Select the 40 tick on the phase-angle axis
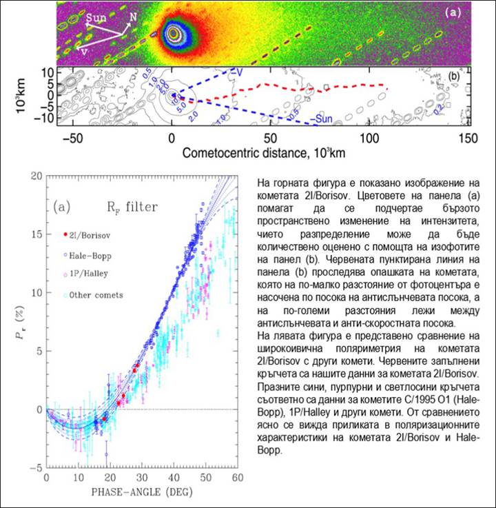pyautogui.click(x=172, y=478)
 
